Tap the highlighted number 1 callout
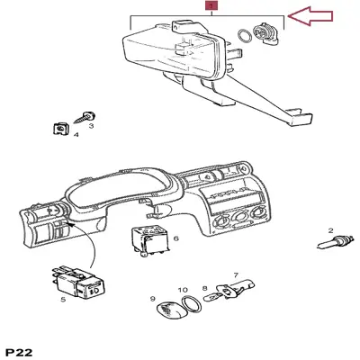tap(211, 5)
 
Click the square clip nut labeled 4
tap(61, 129)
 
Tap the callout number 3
tap(91, 128)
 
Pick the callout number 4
tap(76, 136)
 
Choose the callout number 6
tap(176, 238)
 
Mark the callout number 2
tap(331, 230)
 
